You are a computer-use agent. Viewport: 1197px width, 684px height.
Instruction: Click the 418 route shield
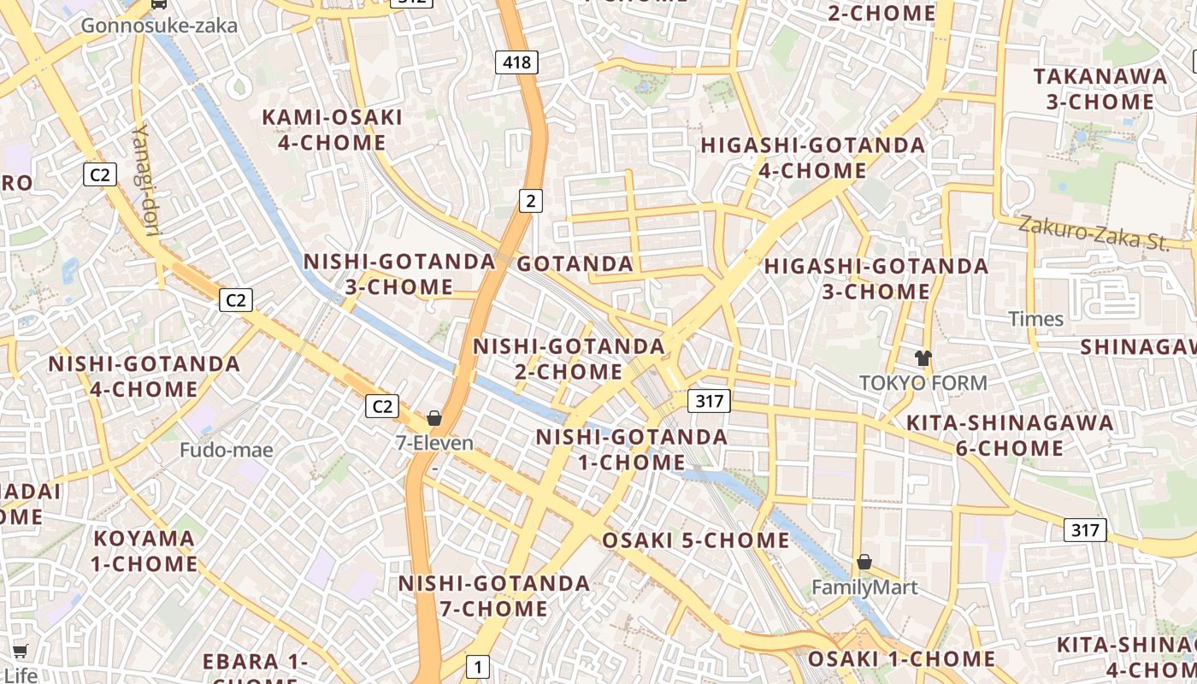(x=516, y=62)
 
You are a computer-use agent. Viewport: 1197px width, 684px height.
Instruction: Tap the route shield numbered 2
(x=531, y=201)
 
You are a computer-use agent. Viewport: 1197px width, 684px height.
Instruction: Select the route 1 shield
(x=478, y=667)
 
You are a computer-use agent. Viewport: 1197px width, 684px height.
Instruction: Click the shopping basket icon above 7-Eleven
(x=434, y=418)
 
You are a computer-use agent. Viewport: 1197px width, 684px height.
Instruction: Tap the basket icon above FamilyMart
(x=864, y=562)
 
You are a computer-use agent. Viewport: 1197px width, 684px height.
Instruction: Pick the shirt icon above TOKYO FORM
(x=923, y=357)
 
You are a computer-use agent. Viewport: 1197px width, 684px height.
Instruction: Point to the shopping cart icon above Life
(x=21, y=652)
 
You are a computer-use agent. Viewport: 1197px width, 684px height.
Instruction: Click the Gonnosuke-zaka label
(x=159, y=26)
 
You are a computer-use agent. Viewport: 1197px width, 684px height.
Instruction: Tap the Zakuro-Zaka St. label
(x=1094, y=233)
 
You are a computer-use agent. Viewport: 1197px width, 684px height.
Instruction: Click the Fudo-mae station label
(x=227, y=450)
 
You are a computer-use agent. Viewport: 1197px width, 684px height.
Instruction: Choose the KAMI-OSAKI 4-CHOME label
(x=332, y=130)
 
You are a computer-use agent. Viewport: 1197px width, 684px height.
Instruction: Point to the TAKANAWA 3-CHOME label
(x=1100, y=89)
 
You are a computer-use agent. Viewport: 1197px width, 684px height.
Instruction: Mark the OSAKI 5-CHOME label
(x=696, y=540)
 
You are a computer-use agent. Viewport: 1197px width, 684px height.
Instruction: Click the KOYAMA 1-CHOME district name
(x=144, y=551)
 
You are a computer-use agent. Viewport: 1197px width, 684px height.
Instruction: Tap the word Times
(x=1036, y=319)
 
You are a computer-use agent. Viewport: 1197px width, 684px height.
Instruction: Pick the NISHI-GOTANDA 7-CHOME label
(x=494, y=596)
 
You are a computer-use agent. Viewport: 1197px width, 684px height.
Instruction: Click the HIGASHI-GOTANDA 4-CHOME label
(x=813, y=157)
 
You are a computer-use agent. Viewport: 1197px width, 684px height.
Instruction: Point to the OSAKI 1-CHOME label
(x=901, y=659)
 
